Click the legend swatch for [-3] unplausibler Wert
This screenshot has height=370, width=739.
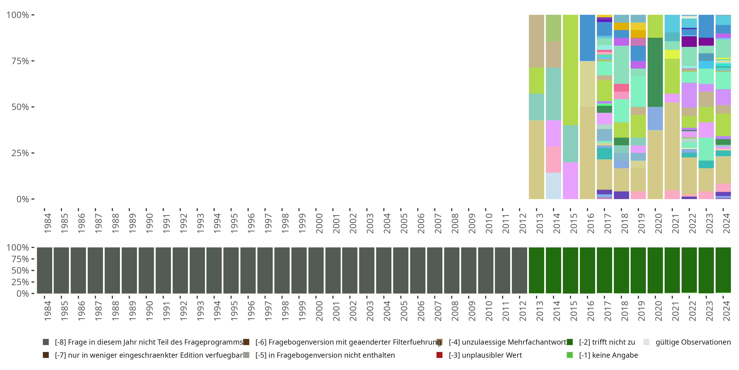[x=439, y=355]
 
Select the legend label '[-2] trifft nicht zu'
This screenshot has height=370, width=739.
[x=607, y=342]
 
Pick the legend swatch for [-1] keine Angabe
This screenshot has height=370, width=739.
[x=570, y=355]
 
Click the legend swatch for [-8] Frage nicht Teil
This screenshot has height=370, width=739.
[x=46, y=342]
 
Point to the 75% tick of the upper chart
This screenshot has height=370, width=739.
[x=33, y=61]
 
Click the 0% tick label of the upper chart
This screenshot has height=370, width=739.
[x=22, y=199]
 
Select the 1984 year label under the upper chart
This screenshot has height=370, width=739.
[x=48, y=223]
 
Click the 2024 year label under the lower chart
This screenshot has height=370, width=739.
[x=726, y=311]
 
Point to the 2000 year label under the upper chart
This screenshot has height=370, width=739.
[x=319, y=223]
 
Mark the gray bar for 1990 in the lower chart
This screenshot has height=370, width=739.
[x=146, y=270]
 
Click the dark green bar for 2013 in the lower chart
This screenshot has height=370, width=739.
[x=537, y=270]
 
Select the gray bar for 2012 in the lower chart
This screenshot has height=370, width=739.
[x=520, y=270]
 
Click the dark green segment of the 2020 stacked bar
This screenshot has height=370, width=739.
[x=655, y=72]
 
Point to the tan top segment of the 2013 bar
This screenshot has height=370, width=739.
[x=537, y=41]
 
